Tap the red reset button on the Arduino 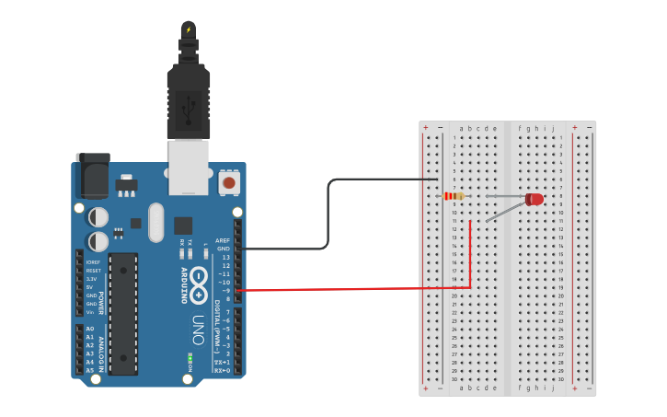click(229, 183)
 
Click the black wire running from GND click(328, 216)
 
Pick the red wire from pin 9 click(368, 289)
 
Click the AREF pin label click(222, 240)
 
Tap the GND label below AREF click(223, 249)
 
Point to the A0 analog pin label click(89, 329)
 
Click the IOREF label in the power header click(93, 262)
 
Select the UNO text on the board click(198, 328)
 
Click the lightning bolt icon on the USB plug click(189, 29)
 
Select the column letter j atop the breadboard click(553, 129)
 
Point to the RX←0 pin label click(222, 369)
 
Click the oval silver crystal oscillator click(154, 221)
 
